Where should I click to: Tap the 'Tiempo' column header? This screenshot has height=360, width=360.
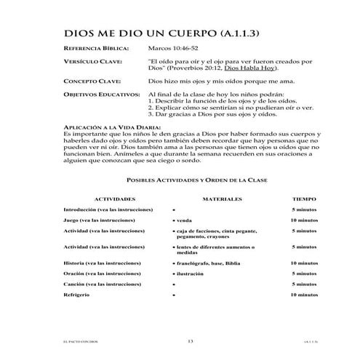coord(303,198)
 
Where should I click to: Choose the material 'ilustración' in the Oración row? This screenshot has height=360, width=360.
coord(191,273)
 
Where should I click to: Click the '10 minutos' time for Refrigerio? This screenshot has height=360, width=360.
coord(303,295)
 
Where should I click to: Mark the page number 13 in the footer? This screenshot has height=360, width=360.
coord(190,342)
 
